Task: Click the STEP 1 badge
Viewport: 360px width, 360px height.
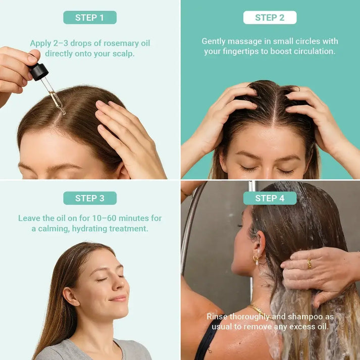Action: pyautogui.click(x=90, y=18)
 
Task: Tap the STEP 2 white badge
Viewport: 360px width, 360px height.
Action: pyautogui.click(x=270, y=18)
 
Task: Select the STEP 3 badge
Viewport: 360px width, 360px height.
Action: pyautogui.click(x=90, y=198)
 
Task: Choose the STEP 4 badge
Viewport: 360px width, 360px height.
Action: pyautogui.click(x=270, y=198)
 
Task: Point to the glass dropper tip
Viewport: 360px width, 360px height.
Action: pyautogui.click(x=62, y=110)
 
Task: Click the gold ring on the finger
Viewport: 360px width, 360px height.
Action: pyautogui.click(x=310, y=264)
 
